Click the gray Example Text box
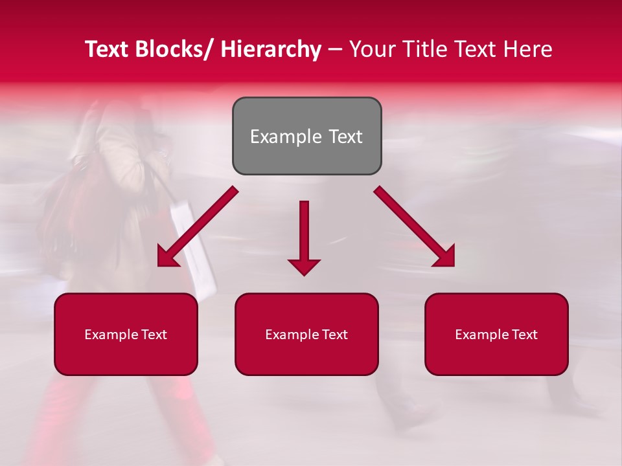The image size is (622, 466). pos(306,136)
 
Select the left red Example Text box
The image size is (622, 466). pos(126,334)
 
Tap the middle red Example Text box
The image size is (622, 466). pos(306,334)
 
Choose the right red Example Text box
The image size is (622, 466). pos(496,334)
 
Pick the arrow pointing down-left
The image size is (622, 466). pos(198,227)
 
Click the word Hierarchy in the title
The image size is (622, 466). pos(270,49)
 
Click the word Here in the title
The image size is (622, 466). pos(529,49)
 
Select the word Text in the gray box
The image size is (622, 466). pos(343,137)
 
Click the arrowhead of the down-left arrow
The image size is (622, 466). pos(167,258)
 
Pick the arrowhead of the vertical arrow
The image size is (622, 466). pos(304,267)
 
